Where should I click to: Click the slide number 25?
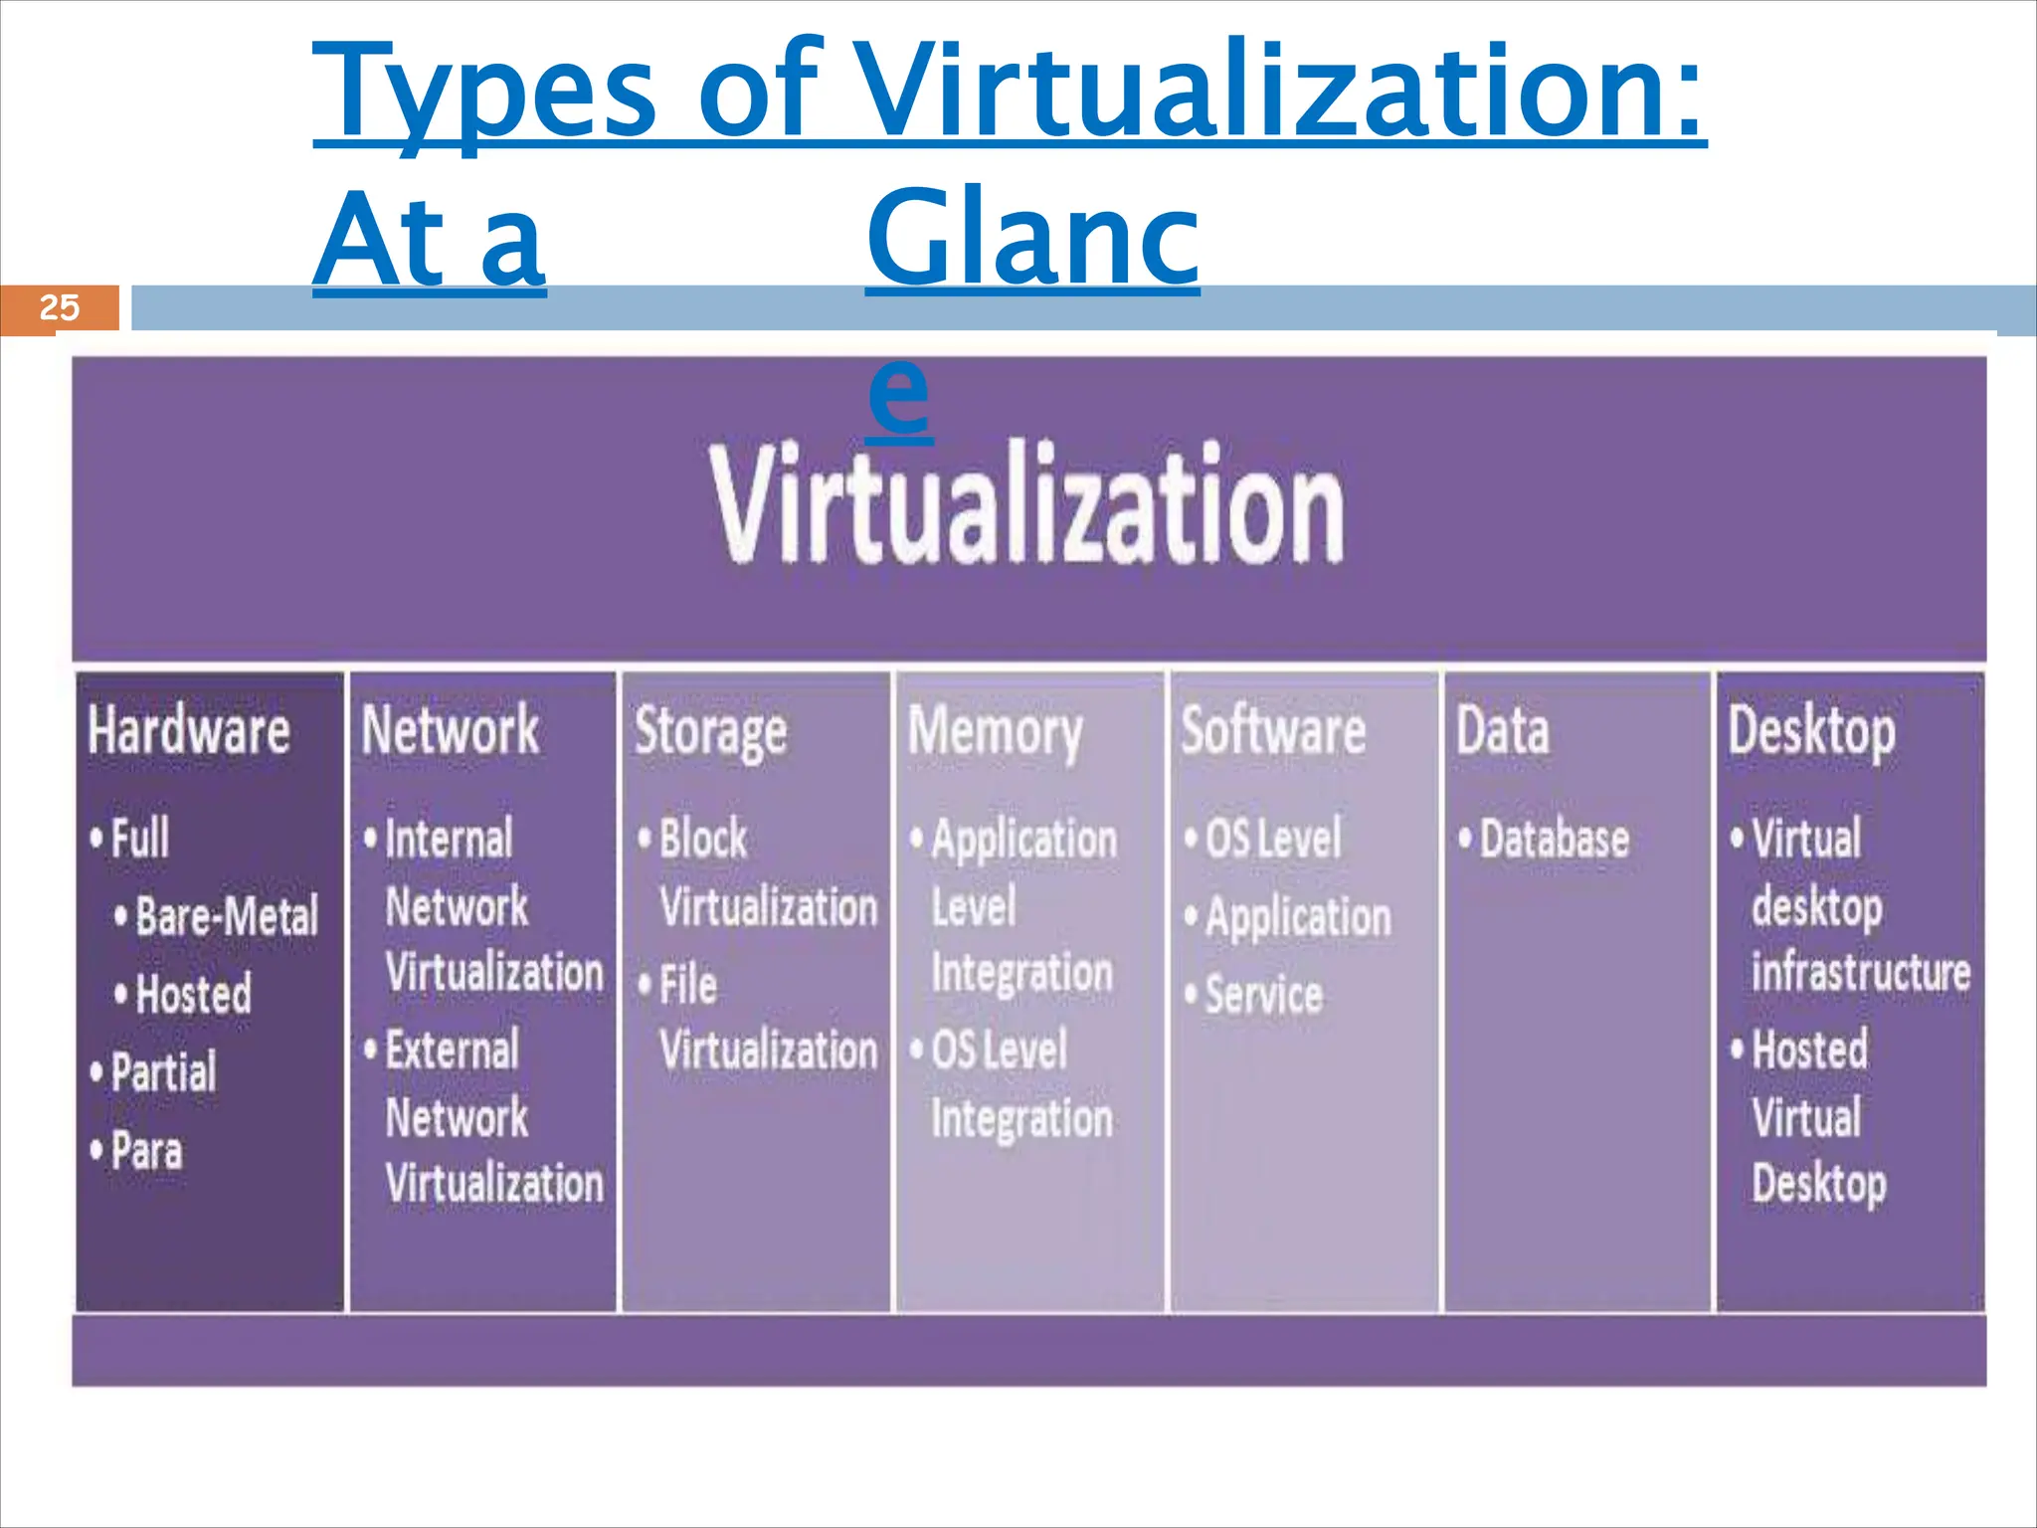coord(59,307)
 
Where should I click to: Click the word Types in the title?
coord(484,92)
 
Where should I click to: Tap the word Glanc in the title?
coord(1032,239)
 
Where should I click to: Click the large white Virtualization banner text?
coord(1026,505)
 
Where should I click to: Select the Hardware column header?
coord(189,730)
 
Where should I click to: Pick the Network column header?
coord(450,730)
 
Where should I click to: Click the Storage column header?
coord(710,733)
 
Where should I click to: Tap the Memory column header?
coord(995,733)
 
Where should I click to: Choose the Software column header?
coord(1273,730)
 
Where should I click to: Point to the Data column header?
coord(1502,730)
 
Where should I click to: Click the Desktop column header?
coord(1811,733)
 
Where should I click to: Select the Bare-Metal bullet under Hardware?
coord(226,916)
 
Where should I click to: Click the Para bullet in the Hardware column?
coord(146,1151)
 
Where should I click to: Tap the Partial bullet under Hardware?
coord(163,1072)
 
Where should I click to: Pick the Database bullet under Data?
coord(1554,839)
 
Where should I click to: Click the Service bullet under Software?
coord(1263,995)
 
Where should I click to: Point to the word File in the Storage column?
coord(687,985)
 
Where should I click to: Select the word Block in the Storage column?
coord(702,839)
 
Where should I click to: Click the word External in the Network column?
coord(452,1050)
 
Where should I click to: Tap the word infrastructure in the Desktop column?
coord(1860,972)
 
